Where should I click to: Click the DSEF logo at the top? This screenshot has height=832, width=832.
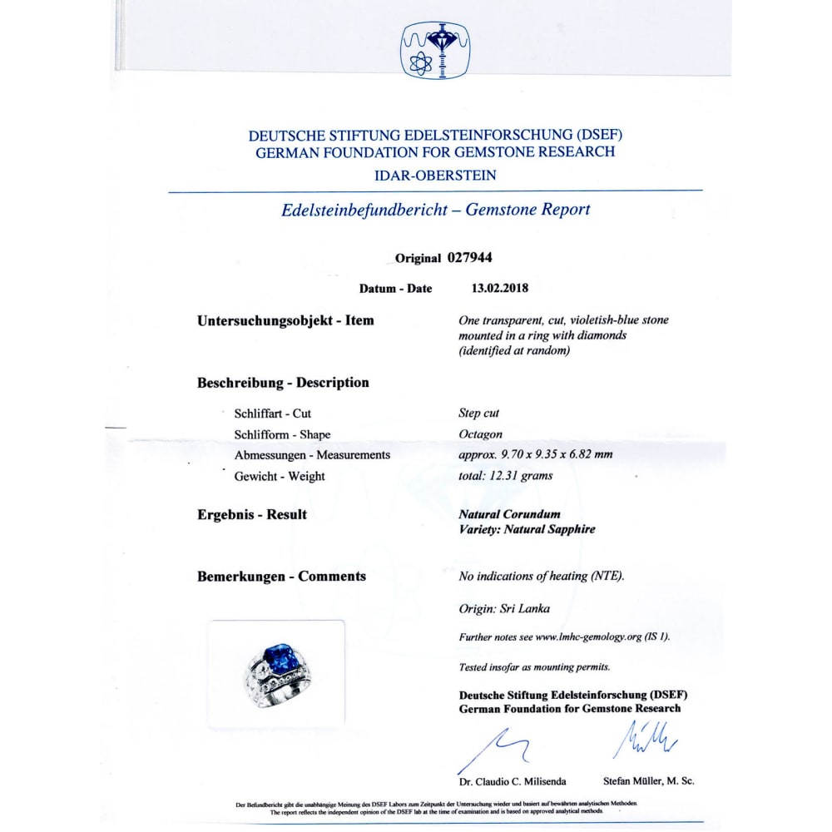tap(435, 50)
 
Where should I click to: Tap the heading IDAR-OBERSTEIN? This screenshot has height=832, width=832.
tap(435, 175)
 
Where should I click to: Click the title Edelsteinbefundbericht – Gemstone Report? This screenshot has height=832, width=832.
tap(435, 210)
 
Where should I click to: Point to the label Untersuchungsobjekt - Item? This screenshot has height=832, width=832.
tap(285, 320)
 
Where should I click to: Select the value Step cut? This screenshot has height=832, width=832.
tap(479, 413)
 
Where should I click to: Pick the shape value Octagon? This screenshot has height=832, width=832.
tap(481, 434)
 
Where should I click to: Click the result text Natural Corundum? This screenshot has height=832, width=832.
tap(509, 514)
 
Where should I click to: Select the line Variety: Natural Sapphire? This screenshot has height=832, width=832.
tap(527, 529)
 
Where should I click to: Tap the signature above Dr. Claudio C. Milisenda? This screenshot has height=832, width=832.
tap(491, 747)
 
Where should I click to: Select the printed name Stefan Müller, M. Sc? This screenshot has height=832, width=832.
tap(648, 781)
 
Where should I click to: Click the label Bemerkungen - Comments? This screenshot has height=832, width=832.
tap(281, 577)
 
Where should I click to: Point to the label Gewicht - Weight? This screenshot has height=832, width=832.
tap(280, 477)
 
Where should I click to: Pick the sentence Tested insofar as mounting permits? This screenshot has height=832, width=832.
tap(534, 667)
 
